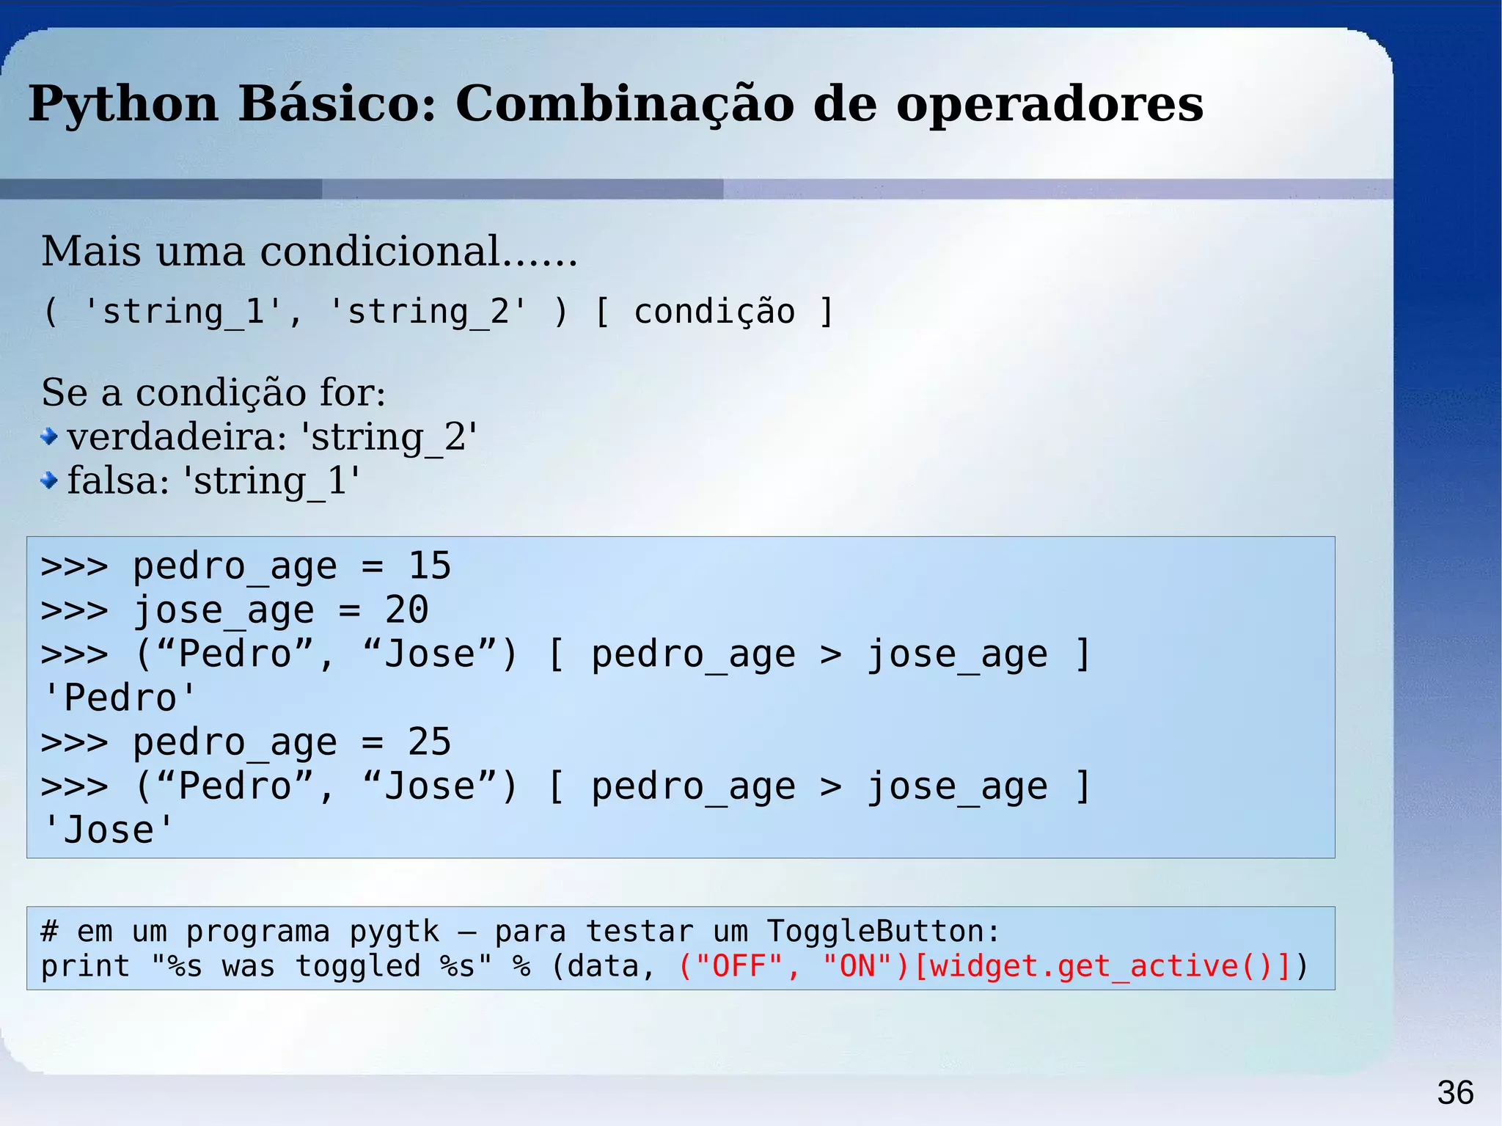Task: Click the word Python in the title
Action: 123,104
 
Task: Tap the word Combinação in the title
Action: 624,104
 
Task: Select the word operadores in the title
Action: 1049,104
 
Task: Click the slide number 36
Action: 1455,1093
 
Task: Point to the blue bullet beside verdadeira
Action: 49,437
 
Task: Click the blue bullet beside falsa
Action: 49,481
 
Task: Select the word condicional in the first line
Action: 381,252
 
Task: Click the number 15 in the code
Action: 429,566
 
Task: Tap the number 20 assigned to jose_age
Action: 406,610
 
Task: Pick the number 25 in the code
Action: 429,742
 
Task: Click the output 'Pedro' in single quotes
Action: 120,698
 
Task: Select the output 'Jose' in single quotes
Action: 109,830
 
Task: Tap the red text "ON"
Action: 858,966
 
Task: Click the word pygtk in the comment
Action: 394,932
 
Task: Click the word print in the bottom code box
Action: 85,966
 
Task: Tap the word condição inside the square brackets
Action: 714,312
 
